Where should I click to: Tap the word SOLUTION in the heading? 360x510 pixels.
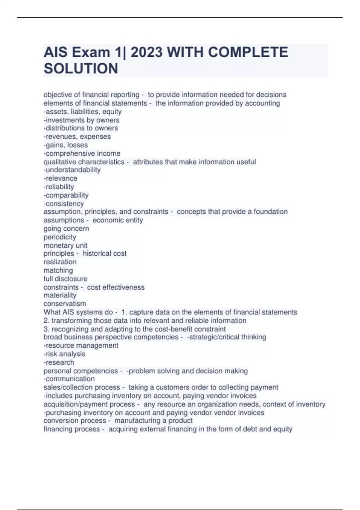point(81,69)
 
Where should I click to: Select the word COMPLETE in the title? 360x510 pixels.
point(248,52)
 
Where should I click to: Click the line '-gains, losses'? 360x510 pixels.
point(66,145)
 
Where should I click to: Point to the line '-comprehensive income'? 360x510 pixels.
point(82,154)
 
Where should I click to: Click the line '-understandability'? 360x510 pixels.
point(72,170)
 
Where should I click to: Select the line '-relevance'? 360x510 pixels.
point(60,178)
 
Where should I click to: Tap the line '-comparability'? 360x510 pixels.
point(66,195)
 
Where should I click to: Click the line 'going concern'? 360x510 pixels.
point(66,229)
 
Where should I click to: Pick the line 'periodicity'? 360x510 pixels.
point(60,237)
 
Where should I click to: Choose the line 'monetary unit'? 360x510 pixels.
point(65,245)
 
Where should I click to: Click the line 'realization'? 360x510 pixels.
point(60,262)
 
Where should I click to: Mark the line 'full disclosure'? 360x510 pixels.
point(65,279)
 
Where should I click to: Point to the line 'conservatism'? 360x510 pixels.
point(65,304)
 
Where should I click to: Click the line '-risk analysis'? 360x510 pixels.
point(64,354)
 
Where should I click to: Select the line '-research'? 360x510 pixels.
point(59,362)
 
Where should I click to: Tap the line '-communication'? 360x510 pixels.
point(69,379)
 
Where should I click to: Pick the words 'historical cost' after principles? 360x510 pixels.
point(104,253)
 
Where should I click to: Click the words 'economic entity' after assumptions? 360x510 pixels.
point(118,220)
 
